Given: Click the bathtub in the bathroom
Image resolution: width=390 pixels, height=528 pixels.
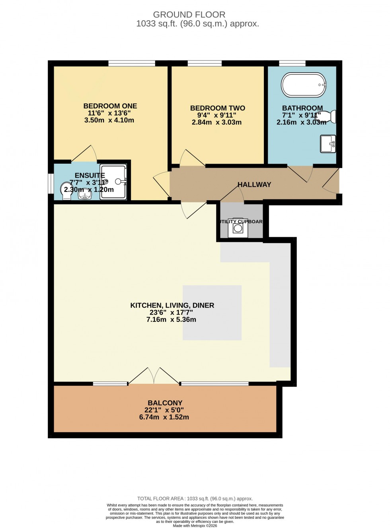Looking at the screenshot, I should [304, 85].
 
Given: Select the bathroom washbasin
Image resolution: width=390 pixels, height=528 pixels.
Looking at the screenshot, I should [328, 144].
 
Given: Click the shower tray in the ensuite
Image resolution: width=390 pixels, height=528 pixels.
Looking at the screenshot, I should [113, 182].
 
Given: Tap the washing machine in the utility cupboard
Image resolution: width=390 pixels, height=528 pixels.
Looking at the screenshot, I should [238, 228].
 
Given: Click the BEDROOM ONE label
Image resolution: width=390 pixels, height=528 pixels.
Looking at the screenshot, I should [110, 106].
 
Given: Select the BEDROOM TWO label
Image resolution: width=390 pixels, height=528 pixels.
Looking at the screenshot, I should [217, 108].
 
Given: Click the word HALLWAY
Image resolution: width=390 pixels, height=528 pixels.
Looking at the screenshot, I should [254, 185].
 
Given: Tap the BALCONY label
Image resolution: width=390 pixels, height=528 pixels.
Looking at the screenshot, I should [165, 403].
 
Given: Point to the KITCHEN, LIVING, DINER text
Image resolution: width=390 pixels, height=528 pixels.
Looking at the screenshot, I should [172, 306].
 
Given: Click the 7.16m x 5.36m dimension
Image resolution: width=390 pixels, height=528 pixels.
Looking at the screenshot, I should [171, 319].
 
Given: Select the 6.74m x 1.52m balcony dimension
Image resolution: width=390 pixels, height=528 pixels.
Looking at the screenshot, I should [164, 417].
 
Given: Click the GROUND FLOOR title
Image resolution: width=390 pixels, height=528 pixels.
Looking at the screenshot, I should [189, 15].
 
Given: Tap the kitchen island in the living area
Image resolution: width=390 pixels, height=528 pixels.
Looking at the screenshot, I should [212, 313].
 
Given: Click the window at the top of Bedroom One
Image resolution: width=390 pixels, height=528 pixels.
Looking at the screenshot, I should [132, 63].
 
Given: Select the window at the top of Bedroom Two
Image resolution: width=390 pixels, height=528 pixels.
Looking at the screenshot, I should [205, 63].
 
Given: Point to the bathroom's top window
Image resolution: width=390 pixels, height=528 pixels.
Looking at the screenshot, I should [292, 63].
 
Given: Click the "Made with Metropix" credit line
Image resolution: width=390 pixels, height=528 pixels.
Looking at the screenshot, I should [195, 526].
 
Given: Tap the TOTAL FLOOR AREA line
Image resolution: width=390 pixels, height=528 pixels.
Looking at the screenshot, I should [195, 499].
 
